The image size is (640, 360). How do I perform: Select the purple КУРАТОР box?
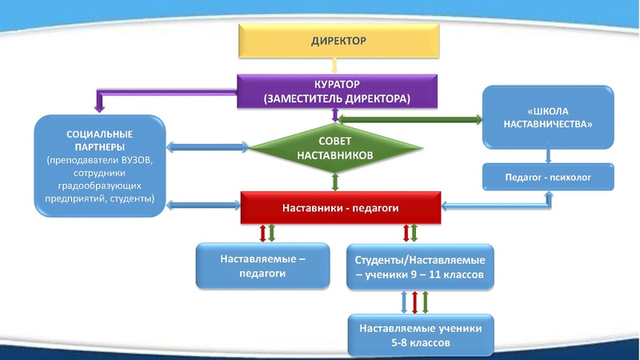coord(338,90)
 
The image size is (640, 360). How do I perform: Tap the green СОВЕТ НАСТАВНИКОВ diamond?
coord(335,147)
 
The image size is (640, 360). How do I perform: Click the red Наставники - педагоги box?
coord(341,208)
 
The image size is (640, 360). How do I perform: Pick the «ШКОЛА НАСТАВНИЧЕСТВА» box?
coord(548,117)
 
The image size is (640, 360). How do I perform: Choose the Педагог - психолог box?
coord(548,177)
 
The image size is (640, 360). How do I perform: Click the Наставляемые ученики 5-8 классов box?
coord(421,334)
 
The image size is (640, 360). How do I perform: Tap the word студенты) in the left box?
coord(132,198)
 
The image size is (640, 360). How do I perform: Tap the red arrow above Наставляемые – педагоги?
coord(261,234)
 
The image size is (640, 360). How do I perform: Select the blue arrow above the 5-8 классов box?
coord(404,302)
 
